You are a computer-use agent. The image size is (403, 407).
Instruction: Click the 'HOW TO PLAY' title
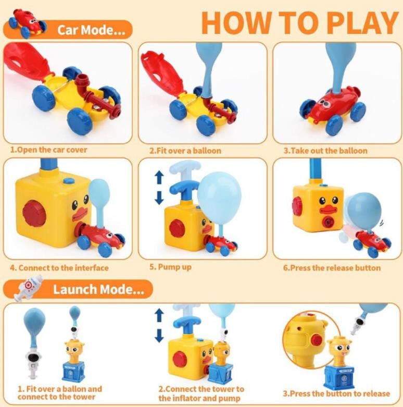click(300, 22)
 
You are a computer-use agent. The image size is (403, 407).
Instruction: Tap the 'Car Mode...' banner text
click(91, 30)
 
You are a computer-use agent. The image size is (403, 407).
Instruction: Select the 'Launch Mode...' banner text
click(98, 289)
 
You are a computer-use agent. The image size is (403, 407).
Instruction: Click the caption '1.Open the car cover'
click(48, 150)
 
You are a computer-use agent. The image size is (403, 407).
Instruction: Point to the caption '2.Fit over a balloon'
click(185, 151)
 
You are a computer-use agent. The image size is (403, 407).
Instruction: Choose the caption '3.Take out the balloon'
click(325, 151)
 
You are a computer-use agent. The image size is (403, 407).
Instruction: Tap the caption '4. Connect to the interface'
click(59, 268)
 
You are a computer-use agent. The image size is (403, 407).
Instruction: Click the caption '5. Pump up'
click(170, 267)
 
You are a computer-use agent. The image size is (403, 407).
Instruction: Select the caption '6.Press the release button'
click(332, 268)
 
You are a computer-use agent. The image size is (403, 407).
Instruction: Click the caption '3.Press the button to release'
click(336, 393)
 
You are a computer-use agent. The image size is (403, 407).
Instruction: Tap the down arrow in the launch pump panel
click(159, 336)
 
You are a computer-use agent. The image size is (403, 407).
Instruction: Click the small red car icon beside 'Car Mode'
click(27, 23)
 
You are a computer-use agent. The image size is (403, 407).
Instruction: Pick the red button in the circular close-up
click(317, 340)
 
